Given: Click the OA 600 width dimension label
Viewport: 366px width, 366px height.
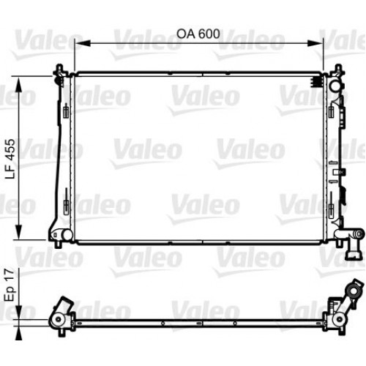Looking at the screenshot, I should pos(198,34).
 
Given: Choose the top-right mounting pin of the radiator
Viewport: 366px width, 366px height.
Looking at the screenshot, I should pos(335,70).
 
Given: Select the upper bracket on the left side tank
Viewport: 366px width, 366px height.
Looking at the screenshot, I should pos(66,113).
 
